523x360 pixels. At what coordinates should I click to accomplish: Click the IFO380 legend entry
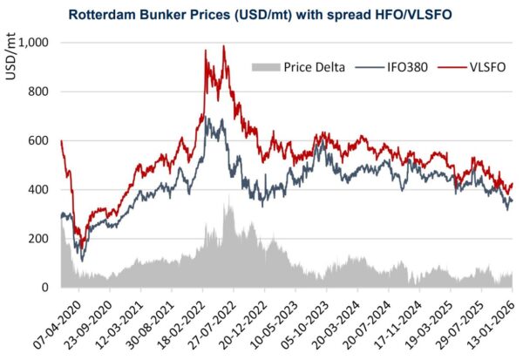coord(384,66)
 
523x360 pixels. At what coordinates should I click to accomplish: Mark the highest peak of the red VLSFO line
coord(224,46)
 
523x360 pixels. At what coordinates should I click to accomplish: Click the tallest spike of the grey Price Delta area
coord(228,197)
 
